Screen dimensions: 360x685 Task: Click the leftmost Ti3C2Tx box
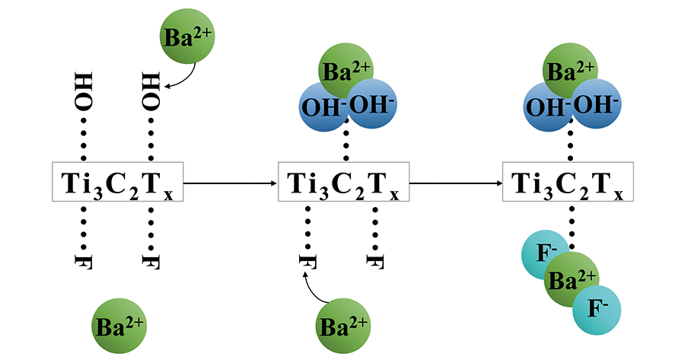(x=117, y=182)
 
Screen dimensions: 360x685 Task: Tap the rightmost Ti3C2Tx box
(x=568, y=182)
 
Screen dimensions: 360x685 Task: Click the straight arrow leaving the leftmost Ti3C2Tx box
(x=229, y=183)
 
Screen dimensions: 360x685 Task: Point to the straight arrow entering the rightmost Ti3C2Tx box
(x=455, y=183)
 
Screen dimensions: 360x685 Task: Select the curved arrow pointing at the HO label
(x=183, y=77)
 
